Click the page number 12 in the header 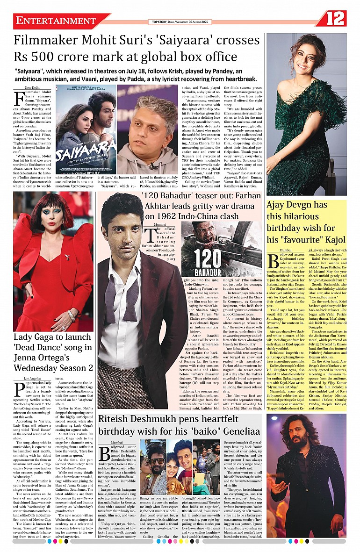tap(336, 19)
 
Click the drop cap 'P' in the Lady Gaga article tap(19, 389)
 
